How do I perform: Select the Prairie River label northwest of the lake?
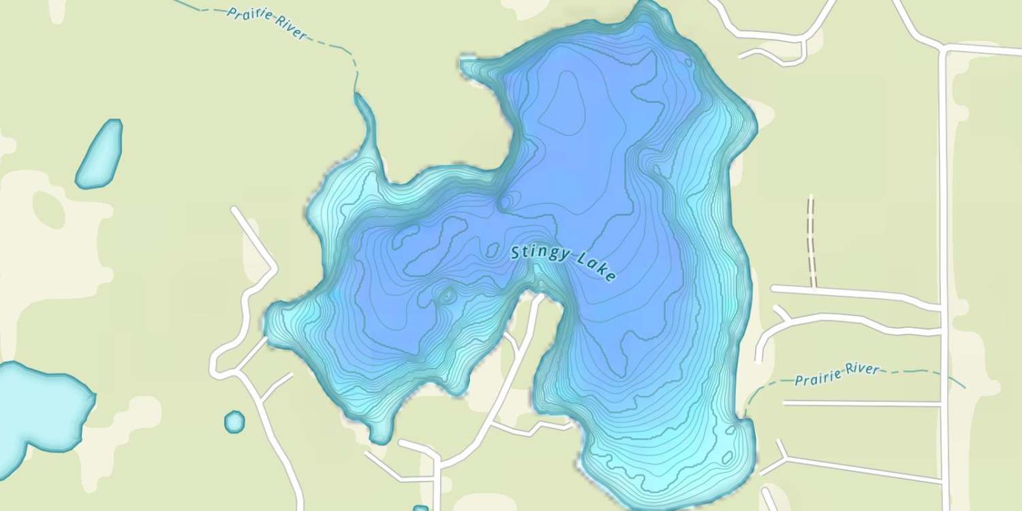click(x=267, y=22)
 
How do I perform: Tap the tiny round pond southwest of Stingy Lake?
click(x=234, y=422)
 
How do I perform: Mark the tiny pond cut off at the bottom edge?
click(x=420, y=508)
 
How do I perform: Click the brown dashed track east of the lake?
click(x=811, y=242)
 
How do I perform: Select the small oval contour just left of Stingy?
click(x=492, y=251)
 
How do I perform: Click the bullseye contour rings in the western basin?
click(x=448, y=296)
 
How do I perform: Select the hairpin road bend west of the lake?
click(x=217, y=365)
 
